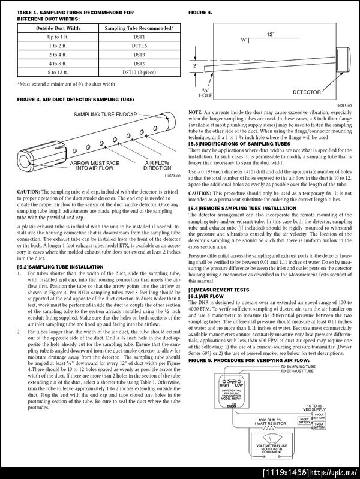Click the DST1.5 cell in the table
point(139,45)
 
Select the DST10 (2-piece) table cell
point(139,71)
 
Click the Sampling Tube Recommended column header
point(139,28)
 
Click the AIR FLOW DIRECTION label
point(157,165)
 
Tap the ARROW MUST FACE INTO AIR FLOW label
point(95,165)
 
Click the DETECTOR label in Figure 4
point(307,92)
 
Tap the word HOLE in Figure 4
point(206,95)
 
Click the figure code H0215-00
point(343,106)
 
